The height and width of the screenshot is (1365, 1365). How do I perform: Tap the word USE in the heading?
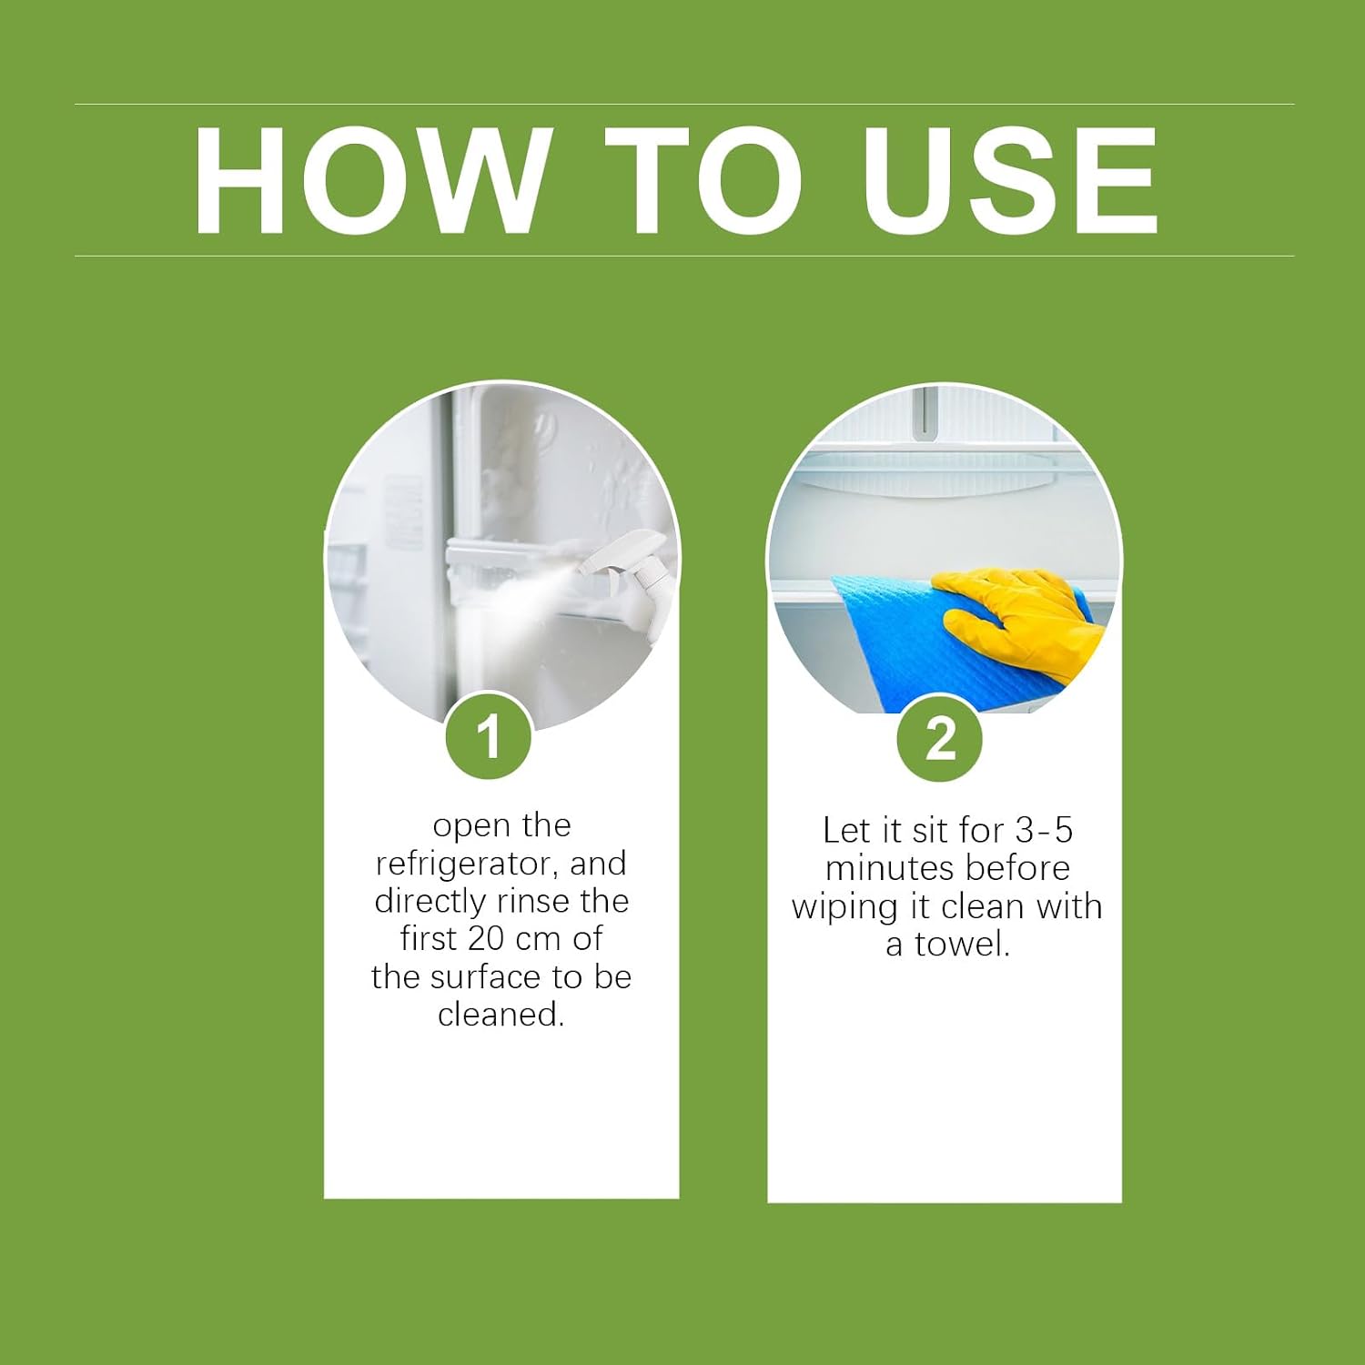(x=1010, y=180)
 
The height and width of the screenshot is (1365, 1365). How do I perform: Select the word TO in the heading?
(x=705, y=180)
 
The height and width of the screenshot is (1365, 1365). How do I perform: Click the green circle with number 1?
(x=489, y=736)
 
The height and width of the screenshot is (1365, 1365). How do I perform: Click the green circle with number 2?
(x=941, y=738)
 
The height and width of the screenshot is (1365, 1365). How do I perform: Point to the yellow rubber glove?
(x=1024, y=619)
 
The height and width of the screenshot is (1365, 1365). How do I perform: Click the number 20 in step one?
(x=486, y=938)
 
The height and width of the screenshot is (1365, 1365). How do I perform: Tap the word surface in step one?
(x=487, y=976)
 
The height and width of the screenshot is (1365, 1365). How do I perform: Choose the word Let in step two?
(x=844, y=830)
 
